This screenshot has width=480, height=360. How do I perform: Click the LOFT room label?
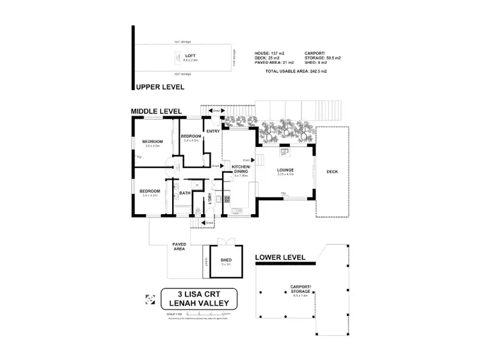191,56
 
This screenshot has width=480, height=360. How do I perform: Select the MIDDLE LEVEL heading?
157,111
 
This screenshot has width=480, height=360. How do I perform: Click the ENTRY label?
213,131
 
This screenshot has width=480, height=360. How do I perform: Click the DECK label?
333,171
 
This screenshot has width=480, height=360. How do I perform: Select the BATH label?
184,193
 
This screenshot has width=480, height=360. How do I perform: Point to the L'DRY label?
209,198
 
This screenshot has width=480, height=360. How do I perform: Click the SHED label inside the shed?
226,260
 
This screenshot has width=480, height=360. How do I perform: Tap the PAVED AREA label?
179,246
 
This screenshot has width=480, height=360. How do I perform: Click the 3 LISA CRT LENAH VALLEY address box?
199,298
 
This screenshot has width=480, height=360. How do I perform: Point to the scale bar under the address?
202,313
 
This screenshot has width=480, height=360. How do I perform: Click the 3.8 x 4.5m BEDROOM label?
153,142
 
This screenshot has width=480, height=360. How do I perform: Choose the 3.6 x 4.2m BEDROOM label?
150,191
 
